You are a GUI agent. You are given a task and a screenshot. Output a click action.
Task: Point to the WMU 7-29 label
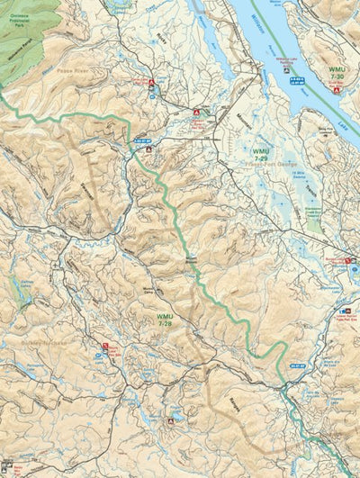point(261,156)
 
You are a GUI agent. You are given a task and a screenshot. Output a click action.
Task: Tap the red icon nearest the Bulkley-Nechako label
point(106,346)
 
